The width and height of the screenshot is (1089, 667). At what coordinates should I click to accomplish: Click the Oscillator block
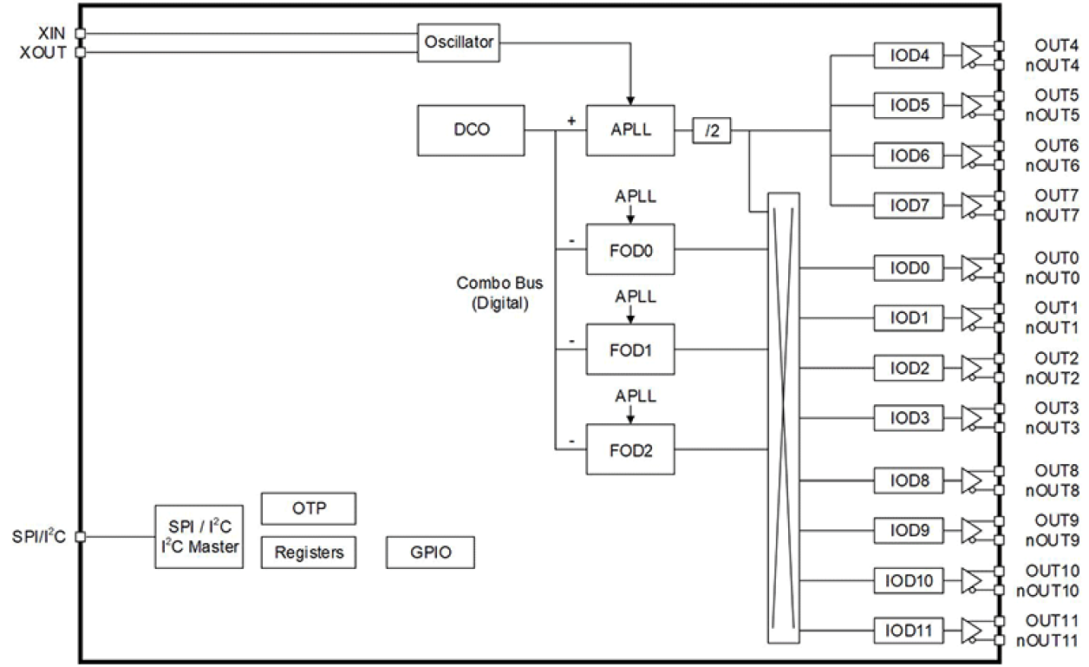[x=459, y=42]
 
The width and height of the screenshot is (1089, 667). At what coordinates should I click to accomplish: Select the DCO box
[x=470, y=131]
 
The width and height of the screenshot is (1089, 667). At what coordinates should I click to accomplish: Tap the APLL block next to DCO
[x=629, y=131]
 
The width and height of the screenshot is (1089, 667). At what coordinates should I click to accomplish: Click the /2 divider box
[x=711, y=132]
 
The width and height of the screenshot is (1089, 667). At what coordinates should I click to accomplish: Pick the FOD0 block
[x=629, y=250]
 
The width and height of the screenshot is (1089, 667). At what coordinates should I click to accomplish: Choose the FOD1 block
[x=629, y=350]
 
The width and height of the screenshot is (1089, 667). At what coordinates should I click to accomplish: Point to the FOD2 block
[x=629, y=449]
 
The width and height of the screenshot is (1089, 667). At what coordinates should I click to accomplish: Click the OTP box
[x=309, y=509]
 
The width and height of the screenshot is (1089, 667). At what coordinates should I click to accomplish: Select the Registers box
[x=309, y=552]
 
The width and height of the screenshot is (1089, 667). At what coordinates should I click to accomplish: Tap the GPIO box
[x=430, y=552]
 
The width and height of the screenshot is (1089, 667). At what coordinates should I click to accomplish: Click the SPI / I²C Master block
[x=198, y=537]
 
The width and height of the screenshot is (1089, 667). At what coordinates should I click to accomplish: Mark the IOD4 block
[x=910, y=56]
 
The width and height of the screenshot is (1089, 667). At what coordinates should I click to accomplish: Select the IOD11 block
[x=910, y=630]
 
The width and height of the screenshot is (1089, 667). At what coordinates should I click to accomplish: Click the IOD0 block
[x=910, y=269]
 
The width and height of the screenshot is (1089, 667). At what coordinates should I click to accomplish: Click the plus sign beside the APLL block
[x=571, y=121]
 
